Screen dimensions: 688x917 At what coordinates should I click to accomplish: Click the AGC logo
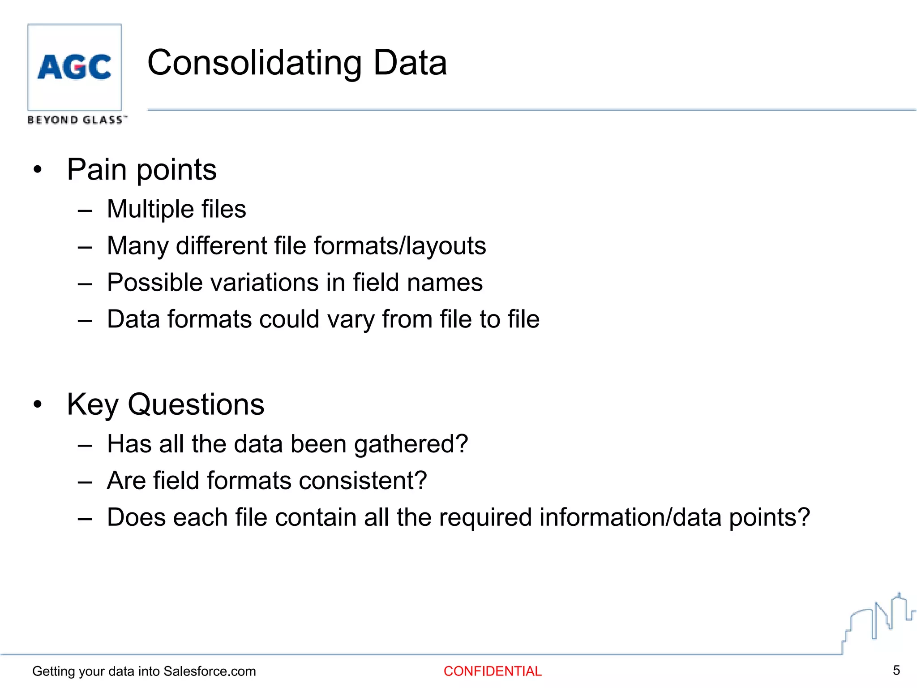[74, 67]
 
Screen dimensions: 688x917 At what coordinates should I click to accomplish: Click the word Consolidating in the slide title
[254, 63]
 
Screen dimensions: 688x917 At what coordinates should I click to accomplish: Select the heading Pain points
[141, 170]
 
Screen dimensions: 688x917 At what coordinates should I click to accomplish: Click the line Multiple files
[176, 209]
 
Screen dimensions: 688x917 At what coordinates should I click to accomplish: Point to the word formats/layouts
[400, 246]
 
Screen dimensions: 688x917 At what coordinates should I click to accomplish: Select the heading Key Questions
[165, 404]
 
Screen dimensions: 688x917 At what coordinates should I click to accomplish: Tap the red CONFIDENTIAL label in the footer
[493, 671]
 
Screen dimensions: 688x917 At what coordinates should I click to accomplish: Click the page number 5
[896, 670]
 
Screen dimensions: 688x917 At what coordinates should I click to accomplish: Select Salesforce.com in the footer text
[210, 671]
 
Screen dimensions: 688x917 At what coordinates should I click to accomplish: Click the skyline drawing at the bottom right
[878, 623]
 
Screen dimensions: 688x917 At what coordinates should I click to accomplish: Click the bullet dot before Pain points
[38, 170]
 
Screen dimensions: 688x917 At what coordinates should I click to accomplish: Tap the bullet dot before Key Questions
[38, 404]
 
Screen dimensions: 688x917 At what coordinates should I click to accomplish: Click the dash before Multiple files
[85, 210]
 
